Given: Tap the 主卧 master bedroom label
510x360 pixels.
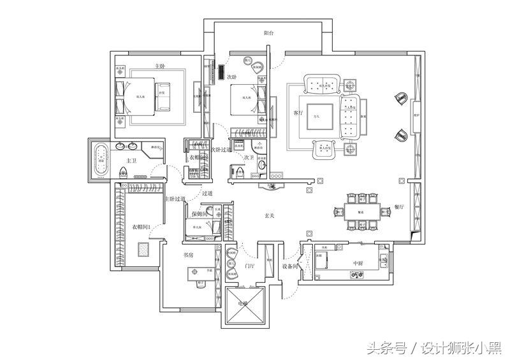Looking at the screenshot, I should (161, 66).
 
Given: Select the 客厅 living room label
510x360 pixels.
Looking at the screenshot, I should (297, 113).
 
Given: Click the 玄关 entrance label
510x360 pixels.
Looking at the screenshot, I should (270, 217).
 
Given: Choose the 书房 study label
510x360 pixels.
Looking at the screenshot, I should (188, 256).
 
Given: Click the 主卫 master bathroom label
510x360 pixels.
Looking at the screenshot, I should (132, 161).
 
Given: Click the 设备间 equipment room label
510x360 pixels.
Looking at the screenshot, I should (290, 266).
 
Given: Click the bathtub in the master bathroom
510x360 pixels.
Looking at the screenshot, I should (101, 159).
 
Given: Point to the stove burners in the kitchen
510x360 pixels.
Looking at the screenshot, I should (356, 275).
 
